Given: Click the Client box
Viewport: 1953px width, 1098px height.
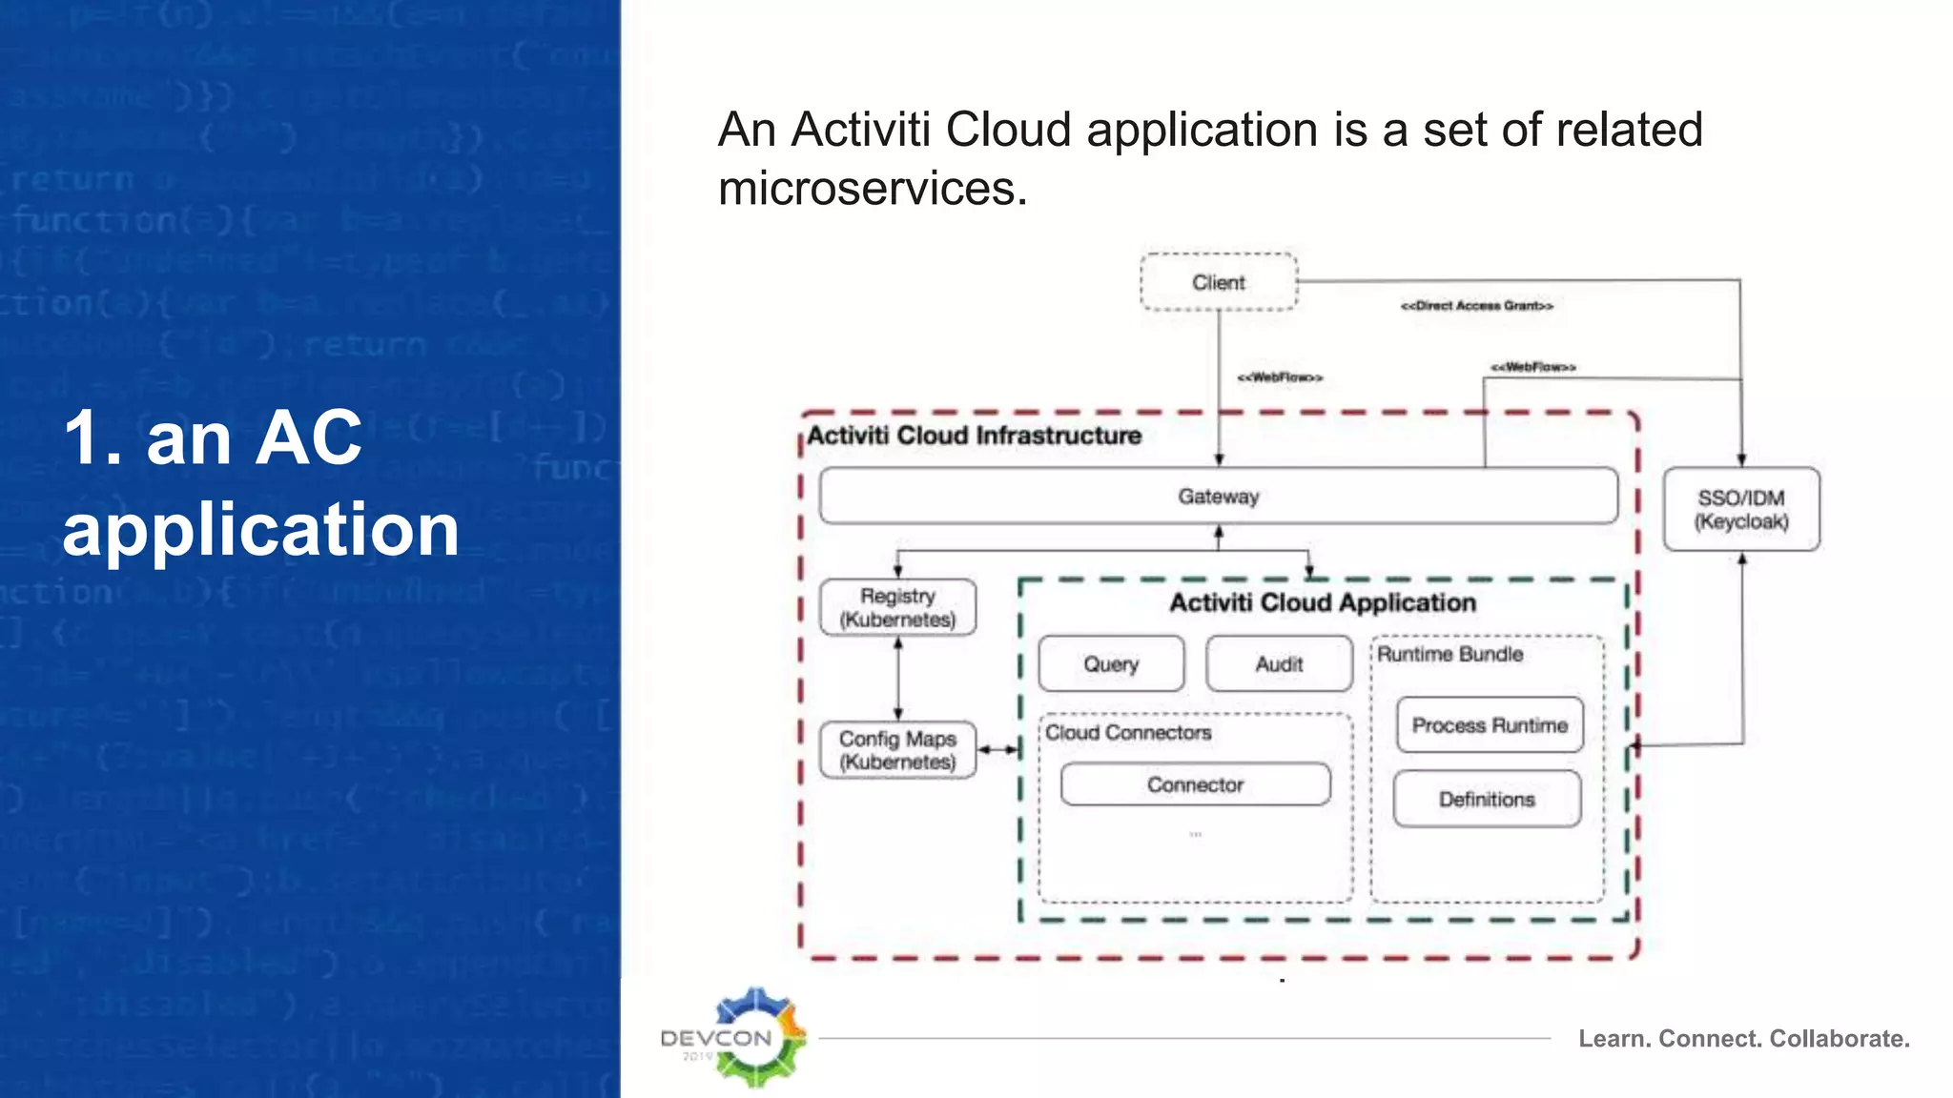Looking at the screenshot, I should [x=1219, y=282].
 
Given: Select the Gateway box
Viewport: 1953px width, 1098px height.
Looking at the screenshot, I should [x=1218, y=496].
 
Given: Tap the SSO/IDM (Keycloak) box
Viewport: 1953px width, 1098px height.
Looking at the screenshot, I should [x=1741, y=509].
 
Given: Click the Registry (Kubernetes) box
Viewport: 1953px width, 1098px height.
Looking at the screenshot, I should [x=897, y=607].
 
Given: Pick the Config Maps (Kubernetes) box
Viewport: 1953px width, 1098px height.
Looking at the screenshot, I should [x=897, y=750].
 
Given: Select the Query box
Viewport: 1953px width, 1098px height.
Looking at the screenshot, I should [x=1111, y=663].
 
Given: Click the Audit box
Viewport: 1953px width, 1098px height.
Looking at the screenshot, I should [x=1279, y=663].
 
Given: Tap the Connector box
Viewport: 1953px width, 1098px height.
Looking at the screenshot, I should [x=1195, y=784].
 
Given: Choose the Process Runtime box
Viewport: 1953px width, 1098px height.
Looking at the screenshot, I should [x=1490, y=725].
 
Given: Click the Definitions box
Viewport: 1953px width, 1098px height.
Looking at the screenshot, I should [x=1487, y=799].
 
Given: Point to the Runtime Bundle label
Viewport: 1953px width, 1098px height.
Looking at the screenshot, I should [x=1449, y=654].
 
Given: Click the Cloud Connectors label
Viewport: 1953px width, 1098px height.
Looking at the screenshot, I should [x=1128, y=732].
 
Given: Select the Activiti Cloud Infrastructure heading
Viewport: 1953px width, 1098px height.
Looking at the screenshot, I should [x=974, y=436].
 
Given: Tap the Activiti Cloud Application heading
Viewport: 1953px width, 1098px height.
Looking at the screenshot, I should [x=1323, y=602].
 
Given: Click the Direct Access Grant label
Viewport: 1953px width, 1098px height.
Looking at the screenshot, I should [x=1476, y=306].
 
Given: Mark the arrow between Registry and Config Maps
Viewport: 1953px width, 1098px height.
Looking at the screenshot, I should [x=897, y=679].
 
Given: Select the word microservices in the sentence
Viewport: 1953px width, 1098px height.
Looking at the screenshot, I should [x=872, y=188].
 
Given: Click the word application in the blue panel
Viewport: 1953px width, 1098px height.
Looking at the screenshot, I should [x=260, y=530].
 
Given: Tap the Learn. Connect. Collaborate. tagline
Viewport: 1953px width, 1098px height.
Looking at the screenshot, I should [x=1743, y=1039].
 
